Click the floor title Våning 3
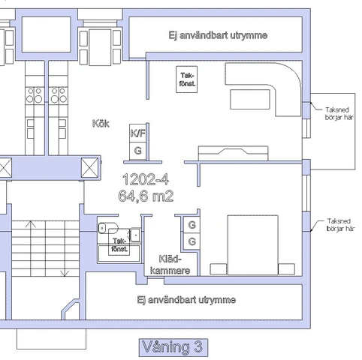point(172,346)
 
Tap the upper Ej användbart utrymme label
point(218,36)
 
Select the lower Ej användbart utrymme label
point(187,300)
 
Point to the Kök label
point(101,123)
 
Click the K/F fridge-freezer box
point(138,133)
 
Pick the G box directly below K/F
point(138,150)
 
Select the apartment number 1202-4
point(145,180)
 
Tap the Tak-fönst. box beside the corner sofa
point(188,79)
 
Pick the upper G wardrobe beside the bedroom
point(192,225)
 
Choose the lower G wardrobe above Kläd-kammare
point(192,241)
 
